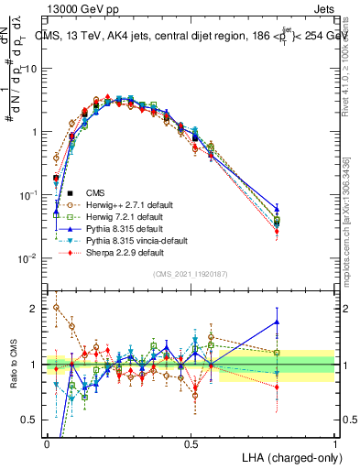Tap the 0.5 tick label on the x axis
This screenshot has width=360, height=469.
tap(191, 442)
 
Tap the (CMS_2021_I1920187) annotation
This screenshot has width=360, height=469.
tap(191, 274)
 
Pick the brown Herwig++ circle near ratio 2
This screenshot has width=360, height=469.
tap(57, 308)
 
